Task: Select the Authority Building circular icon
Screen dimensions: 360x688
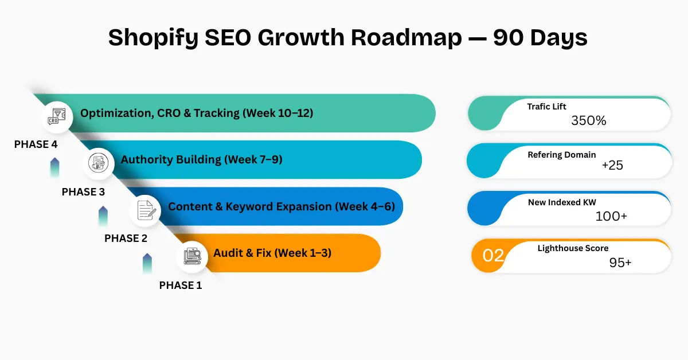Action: (97, 162)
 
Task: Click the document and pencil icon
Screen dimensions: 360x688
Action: (145, 209)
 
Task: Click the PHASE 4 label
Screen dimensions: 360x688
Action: (36, 144)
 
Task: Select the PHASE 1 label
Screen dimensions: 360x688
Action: (180, 285)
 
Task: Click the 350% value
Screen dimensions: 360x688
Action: (588, 121)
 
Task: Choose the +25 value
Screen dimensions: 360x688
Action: (612, 166)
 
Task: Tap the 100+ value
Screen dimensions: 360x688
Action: (611, 216)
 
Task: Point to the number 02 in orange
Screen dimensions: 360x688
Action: (493, 255)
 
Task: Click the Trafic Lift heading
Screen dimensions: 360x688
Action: (546, 106)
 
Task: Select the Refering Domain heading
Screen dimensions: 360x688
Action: (561, 154)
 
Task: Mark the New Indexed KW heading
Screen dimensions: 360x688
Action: (562, 202)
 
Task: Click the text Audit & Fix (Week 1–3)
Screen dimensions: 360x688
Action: (272, 253)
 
